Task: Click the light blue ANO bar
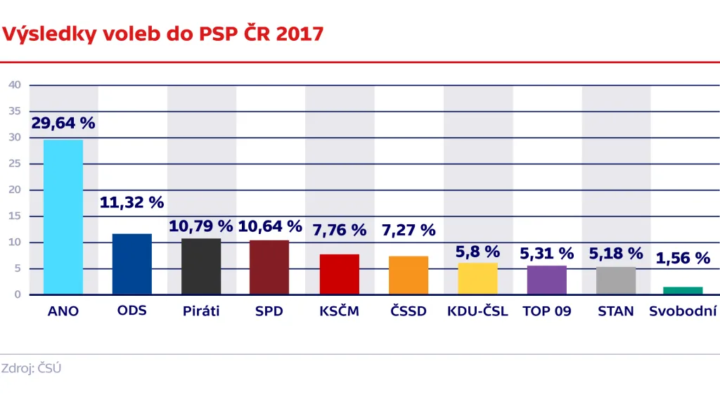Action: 63,216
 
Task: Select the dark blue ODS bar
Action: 132,263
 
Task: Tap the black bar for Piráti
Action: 201,266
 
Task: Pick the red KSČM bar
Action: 340,274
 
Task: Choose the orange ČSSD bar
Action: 409,275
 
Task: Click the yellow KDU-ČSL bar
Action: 477,279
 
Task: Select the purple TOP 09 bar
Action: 546,280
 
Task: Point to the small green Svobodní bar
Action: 684,290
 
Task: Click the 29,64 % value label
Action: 63,123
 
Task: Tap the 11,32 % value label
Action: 131,203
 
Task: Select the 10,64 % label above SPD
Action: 270,226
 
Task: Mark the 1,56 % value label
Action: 683,259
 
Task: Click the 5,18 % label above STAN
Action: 615,253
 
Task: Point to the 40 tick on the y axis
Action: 15,85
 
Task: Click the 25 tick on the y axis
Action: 15,164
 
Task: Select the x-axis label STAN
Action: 615,311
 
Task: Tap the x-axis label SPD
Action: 269,311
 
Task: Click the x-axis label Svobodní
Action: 683,311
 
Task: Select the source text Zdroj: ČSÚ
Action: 32,368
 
